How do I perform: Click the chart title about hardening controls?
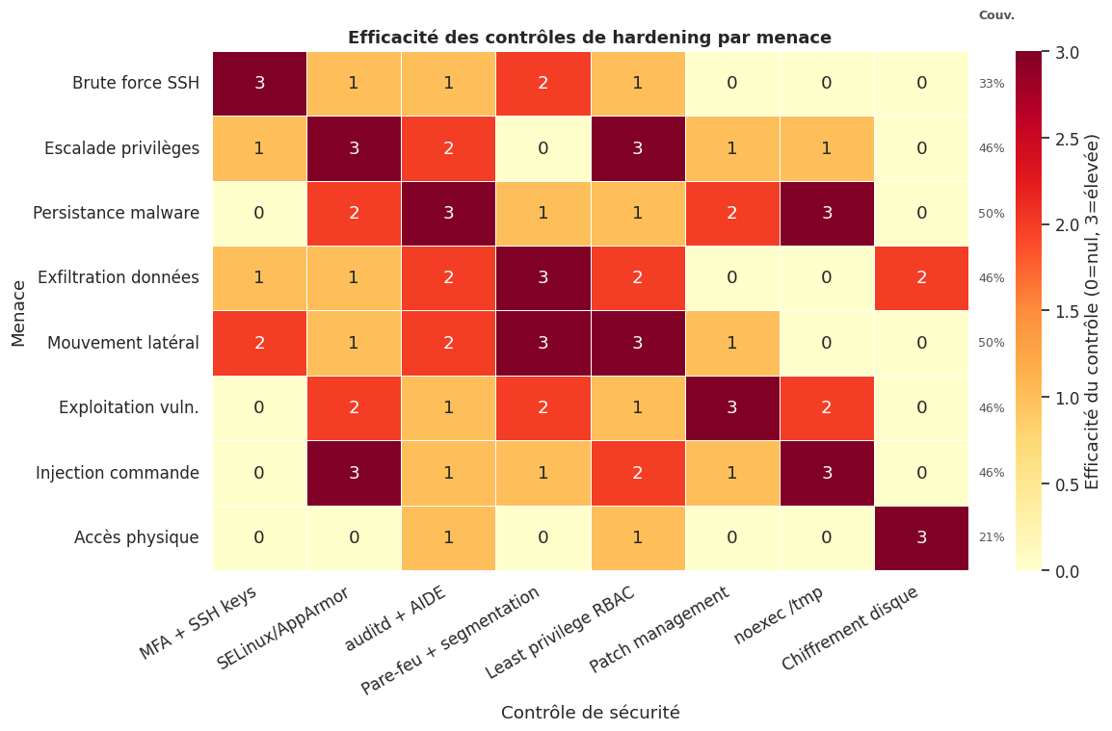[x=589, y=38]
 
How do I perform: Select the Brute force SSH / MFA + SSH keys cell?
[x=259, y=83]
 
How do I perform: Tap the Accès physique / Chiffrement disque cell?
[x=921, y=537]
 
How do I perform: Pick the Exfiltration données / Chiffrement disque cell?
[x=921, y=277]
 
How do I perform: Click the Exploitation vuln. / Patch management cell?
[x=732, y=407]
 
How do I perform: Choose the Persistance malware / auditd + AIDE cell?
[x=448, y=213]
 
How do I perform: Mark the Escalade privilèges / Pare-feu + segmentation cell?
[x=543, y=148]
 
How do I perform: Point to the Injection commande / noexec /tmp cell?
[x=827, y=473]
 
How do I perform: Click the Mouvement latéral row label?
[x=122, y=343]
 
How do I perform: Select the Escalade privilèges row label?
[x=121, y=148]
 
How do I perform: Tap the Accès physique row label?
[x=136, y=537]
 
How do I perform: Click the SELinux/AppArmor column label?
[x=283, y=627]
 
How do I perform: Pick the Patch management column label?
[x=660, y=631]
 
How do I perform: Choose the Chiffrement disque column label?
[x=850, y=629]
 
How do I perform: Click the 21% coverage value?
[x=991, y=537]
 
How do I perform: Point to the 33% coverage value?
[x=991, y=84]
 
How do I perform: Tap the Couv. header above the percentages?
[x=996, y=15]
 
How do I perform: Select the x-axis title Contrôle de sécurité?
[x=590, y=713]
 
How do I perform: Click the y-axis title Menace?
[x=19, y=312]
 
